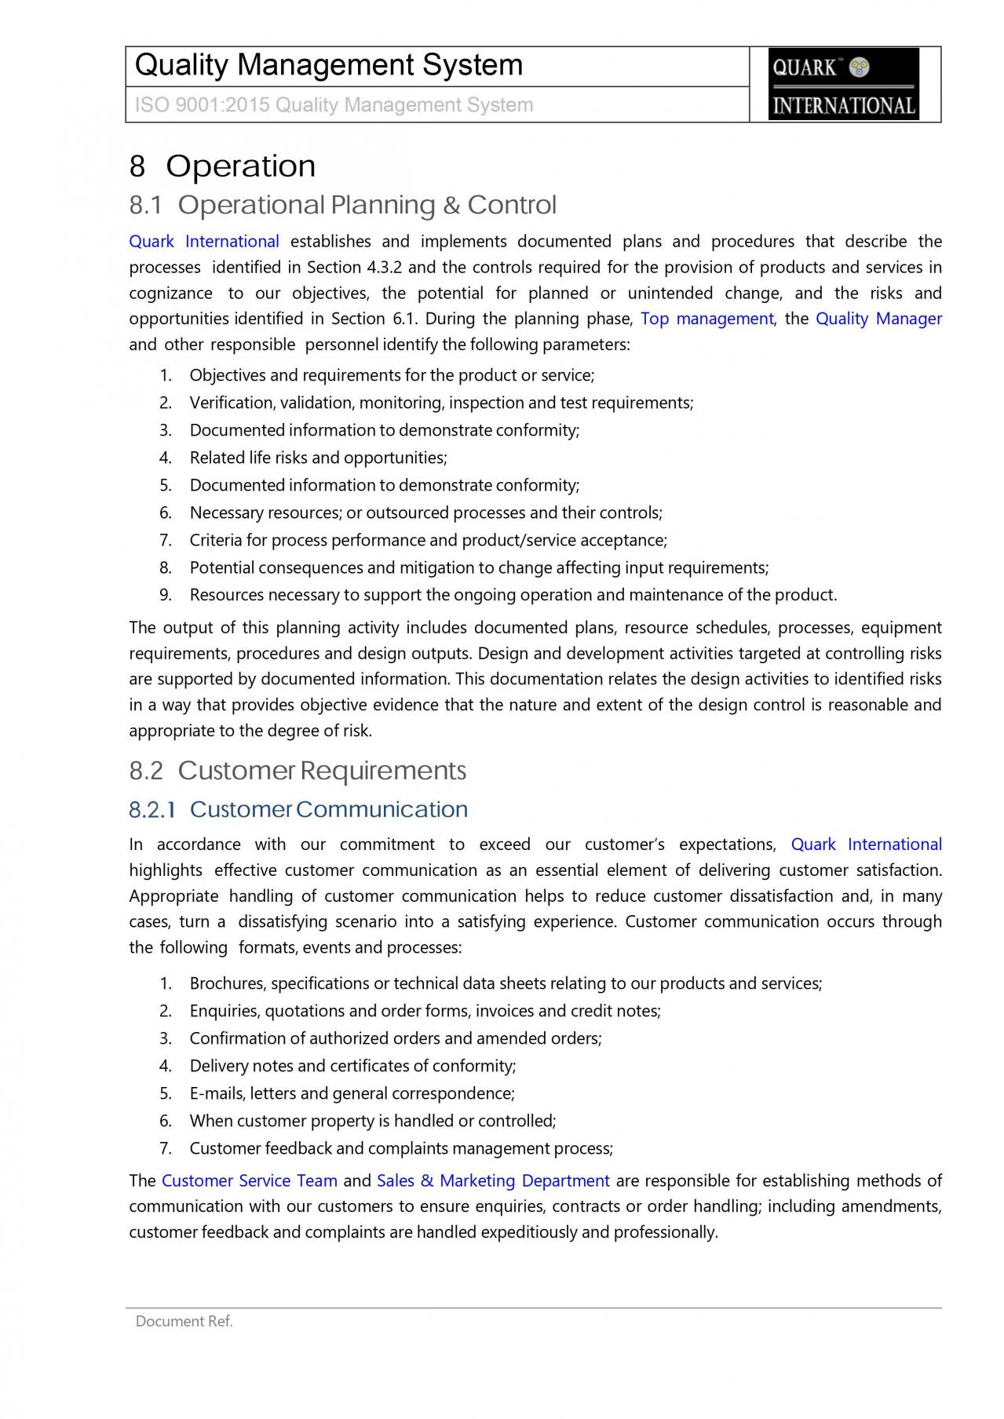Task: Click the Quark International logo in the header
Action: tap(843, 84)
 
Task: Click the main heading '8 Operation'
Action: tap(222, 166)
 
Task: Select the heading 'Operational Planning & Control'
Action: tap(367, 205)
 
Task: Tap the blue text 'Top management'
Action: tap(707, 319)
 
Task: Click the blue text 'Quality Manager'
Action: tap(878, 319)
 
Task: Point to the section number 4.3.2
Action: tap(384, 267)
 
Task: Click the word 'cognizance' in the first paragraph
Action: tap(170, 293)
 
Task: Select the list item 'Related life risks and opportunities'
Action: tap(318, 458)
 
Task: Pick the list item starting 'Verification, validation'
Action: tap(441, 403)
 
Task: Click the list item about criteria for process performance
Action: tap(428, 540)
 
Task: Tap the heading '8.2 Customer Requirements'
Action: tap(298, 771)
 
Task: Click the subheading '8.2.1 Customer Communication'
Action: tap(298, 809)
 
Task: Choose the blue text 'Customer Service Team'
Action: tap(249, 1180)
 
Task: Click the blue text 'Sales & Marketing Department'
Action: tap(493, 1180)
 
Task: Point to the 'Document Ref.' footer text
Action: tap(184, 1321)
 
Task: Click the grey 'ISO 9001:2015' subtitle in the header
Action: tap(334, 105)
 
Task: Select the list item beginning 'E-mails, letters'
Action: tap(352, 1093)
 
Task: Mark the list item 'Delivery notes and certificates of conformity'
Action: tap(352, 1066)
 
